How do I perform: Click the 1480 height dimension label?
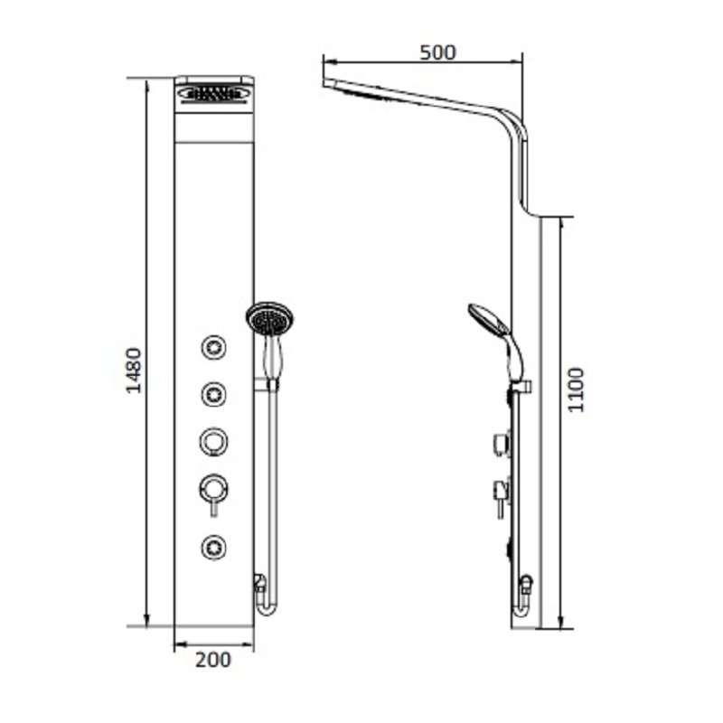[133, 370]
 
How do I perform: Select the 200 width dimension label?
[213, 660]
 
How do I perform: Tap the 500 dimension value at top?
[438, 52]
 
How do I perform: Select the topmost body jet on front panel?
[213, 346]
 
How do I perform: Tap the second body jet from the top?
[213, 392]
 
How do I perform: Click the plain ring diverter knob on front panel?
[213, 441]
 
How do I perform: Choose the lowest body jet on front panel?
[213, 545]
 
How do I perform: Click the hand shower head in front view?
[269, 319]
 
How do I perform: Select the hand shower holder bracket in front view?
[268, 387]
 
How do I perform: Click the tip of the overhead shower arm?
[324, 83]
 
